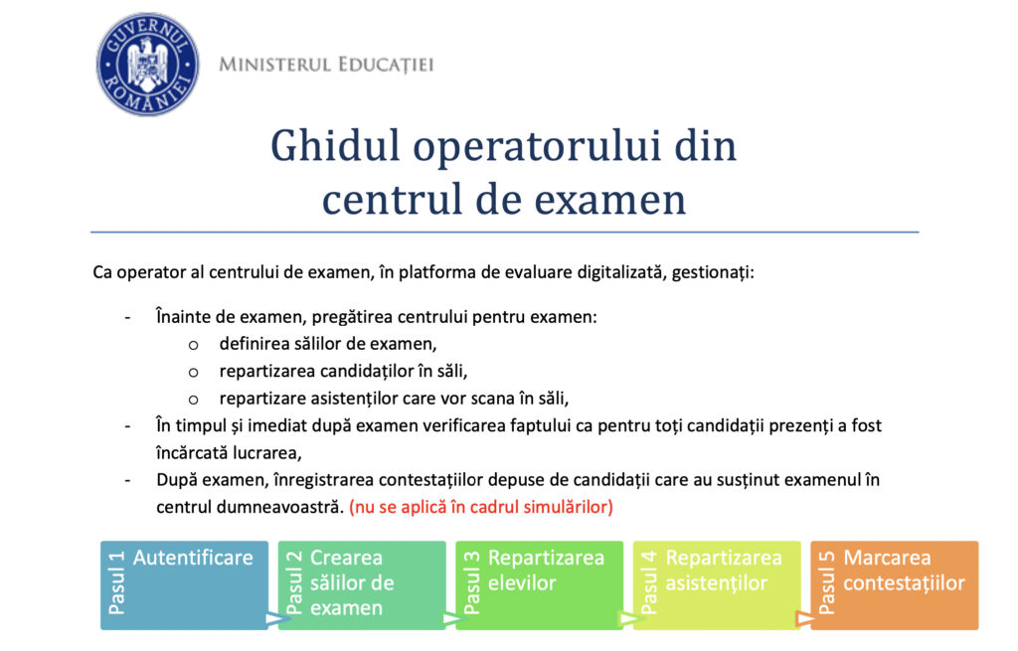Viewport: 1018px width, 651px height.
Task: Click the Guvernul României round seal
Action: (147, 65)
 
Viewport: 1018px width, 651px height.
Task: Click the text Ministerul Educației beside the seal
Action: (326, 65)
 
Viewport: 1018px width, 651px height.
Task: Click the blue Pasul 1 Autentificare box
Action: (184, 585)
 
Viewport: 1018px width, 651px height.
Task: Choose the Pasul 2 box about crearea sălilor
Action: (362, 585)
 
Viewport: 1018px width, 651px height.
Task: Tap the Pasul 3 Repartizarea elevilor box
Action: (540, 585)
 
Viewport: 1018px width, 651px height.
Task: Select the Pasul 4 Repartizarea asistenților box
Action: (717, 585)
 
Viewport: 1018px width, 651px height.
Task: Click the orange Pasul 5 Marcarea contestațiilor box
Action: (895, 585)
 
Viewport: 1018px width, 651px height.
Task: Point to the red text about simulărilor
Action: (481, 507)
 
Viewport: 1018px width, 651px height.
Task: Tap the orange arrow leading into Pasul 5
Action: (805, 618)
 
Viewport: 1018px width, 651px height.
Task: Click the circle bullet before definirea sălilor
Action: (193, 345)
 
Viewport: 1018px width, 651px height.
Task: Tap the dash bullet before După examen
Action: (127, 481)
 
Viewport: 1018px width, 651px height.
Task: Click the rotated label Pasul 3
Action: (471, 582)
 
